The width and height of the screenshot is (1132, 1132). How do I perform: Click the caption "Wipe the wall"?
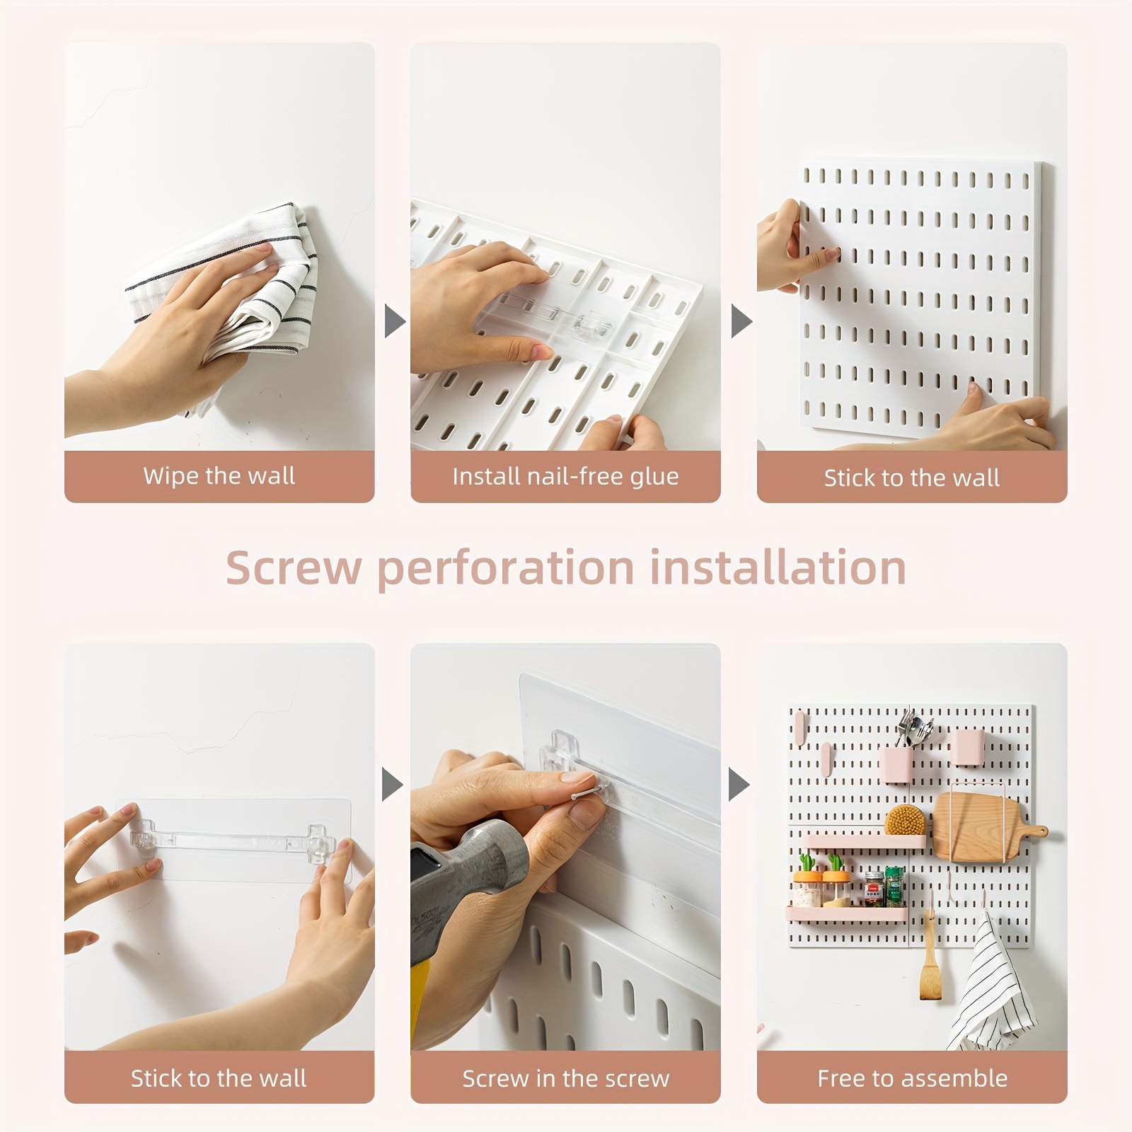click(219, 476)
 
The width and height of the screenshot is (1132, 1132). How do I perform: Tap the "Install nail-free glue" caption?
click(565, 476)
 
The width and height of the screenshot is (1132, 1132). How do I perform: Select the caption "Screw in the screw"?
click(565, 1078)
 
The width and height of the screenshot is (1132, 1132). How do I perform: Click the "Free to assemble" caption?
click(912, 1078)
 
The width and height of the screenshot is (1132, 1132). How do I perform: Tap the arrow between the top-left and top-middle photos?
click(394, 321)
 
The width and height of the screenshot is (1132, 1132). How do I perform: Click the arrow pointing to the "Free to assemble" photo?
click(739, 785)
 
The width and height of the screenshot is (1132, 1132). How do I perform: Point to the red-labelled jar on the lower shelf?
click(874, 889)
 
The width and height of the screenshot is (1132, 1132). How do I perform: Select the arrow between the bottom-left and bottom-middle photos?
click(393, 785)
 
